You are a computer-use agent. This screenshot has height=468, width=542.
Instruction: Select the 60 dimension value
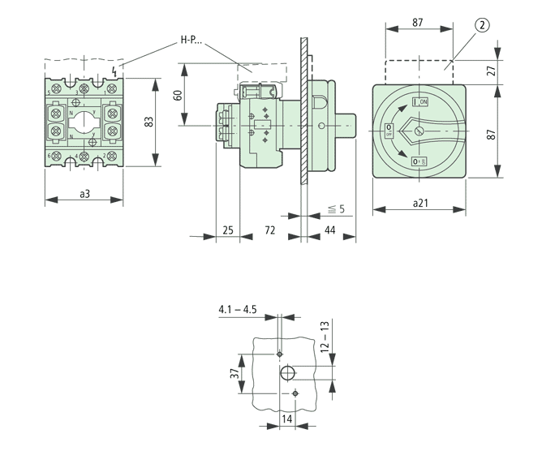coord(178,96)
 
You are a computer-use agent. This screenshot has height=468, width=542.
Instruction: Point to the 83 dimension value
coord(148,121)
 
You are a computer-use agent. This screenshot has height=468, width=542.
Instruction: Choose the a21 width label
coord(419,203)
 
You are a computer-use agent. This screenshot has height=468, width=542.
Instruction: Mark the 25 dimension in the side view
coord(227,231)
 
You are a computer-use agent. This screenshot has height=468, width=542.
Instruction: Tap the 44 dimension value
coord(330,231)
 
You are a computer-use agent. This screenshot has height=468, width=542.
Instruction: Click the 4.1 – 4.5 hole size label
coord(237,309)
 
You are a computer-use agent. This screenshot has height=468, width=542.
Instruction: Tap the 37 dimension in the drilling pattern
coord(234,374)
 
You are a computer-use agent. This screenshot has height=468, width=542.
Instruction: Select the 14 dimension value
coord(286,419)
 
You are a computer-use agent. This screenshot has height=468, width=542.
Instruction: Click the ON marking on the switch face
coord(420,101)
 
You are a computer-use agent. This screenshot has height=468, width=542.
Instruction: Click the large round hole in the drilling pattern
coord(287,373)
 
